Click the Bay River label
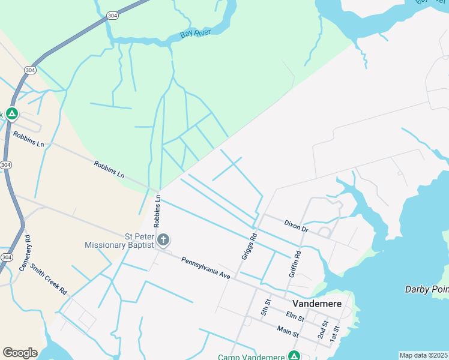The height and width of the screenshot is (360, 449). point(196,34)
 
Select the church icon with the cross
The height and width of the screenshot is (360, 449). point(163,241)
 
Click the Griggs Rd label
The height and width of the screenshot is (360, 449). point(249,247)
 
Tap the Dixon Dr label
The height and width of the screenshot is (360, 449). point(296,226)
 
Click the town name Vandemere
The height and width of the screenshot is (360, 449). point(316,304)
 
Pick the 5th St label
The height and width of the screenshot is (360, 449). point(266,307)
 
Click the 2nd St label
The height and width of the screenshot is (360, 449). point(323,331)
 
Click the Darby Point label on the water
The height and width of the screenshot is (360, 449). point(426,289)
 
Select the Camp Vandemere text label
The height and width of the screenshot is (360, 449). point(251,357)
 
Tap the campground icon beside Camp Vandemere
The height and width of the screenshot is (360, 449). point(294,356)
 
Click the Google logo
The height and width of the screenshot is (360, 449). point(20,353)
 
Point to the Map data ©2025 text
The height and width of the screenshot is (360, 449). point(423,355)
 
